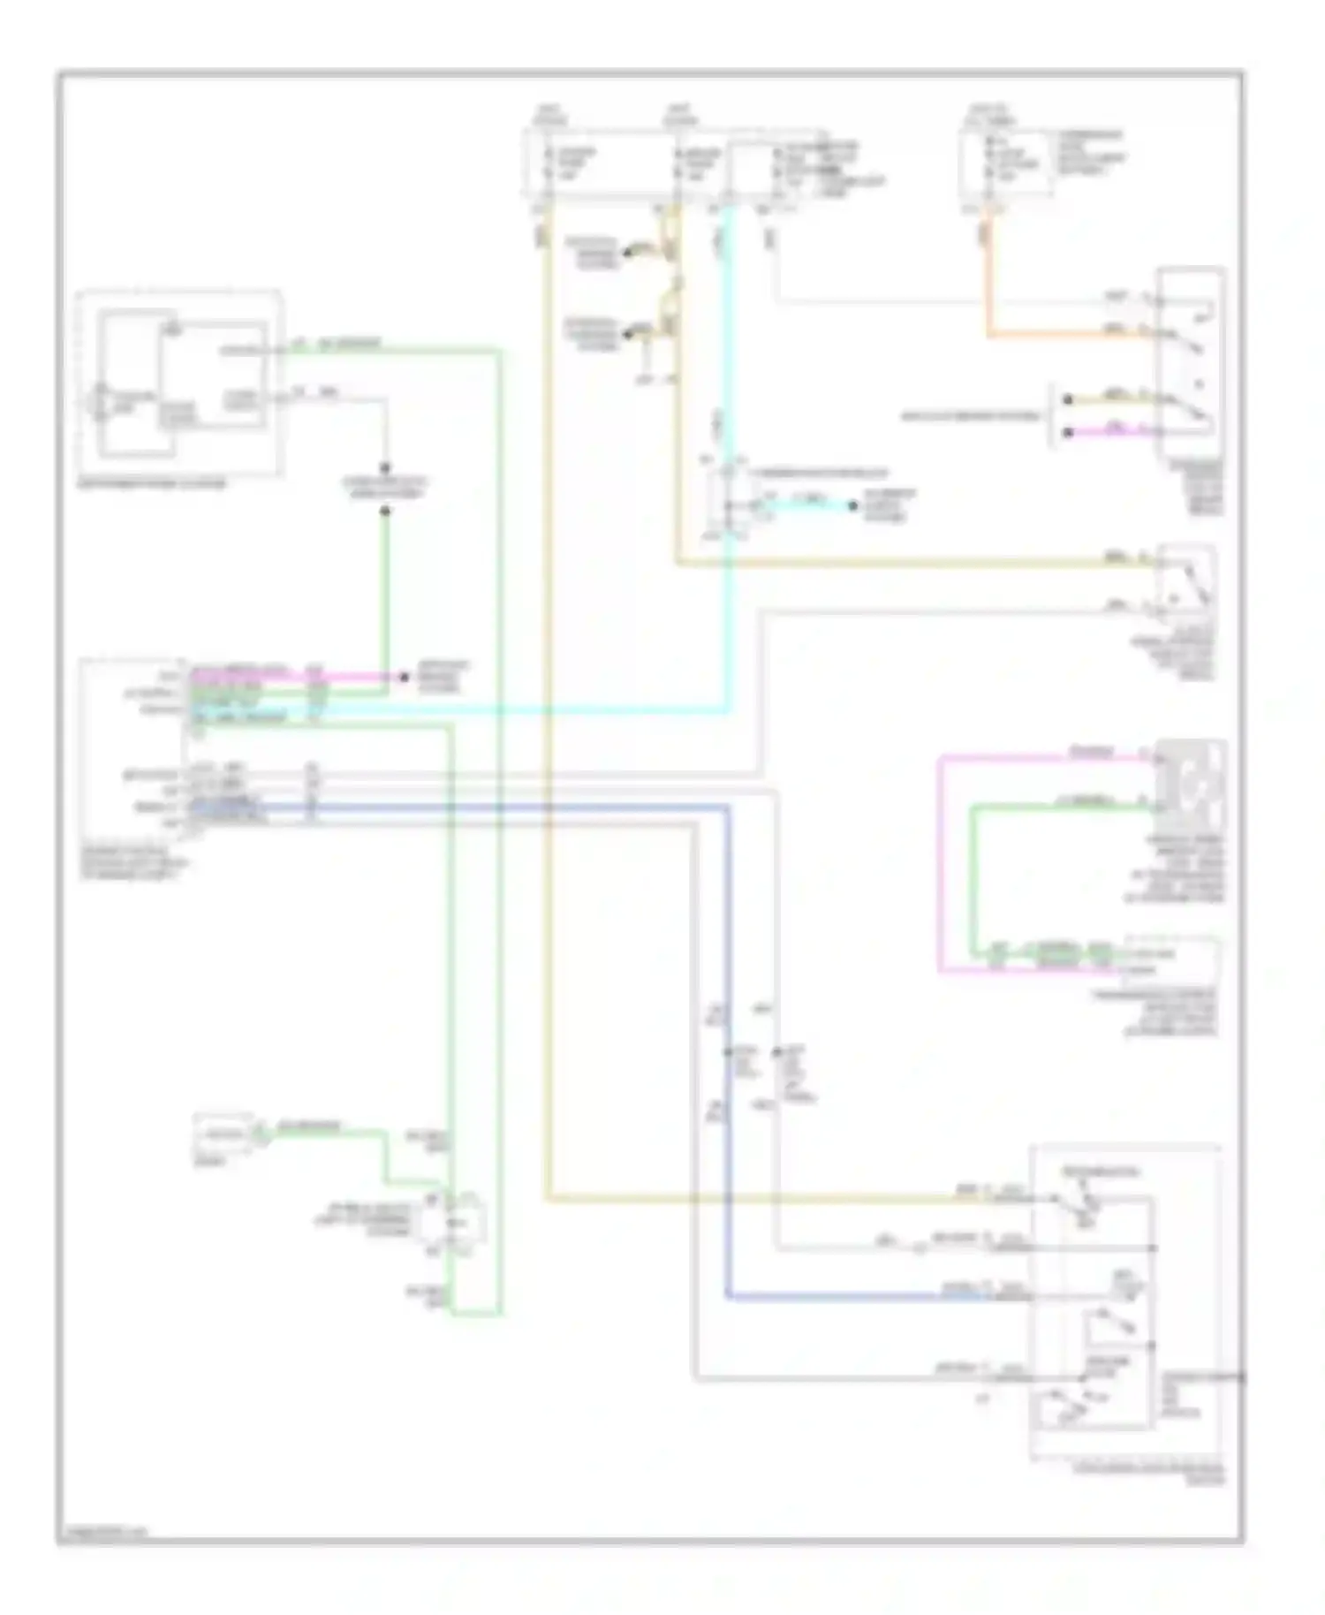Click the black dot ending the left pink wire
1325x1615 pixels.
point(405,678)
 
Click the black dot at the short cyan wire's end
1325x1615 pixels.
point(853,506)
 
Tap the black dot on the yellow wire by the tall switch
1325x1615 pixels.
point(1067,399)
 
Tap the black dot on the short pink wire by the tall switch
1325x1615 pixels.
point(1067,432)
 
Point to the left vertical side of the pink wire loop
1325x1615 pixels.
point(940,866)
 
